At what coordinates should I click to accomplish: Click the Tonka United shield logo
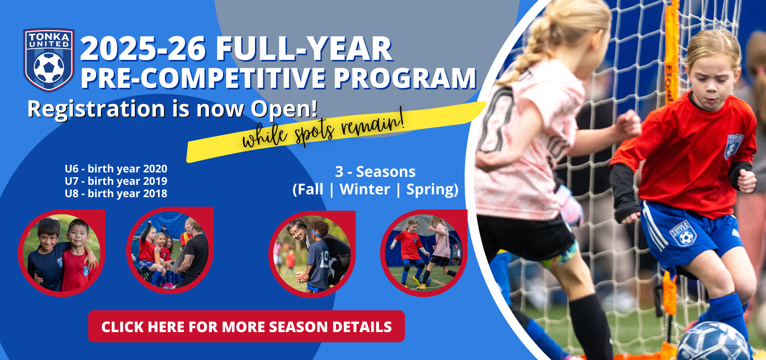point(49,60)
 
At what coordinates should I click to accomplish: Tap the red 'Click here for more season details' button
point(247,326)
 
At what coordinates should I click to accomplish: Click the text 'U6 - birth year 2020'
point(116,169)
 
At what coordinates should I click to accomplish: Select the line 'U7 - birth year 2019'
point(116,181)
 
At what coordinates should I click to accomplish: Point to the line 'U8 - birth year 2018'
point(116,194)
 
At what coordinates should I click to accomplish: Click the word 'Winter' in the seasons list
point(365,189)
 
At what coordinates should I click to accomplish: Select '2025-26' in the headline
point(143,49)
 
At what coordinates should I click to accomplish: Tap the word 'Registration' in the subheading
point(96,109)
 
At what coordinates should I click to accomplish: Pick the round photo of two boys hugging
point(62,253)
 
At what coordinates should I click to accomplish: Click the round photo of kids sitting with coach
point(170,251)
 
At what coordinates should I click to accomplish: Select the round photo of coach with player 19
point(312,254)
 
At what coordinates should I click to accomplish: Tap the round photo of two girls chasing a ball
point(424,253)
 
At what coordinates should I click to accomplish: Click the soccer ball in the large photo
point(713,342)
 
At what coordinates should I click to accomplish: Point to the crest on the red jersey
point(733,146)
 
